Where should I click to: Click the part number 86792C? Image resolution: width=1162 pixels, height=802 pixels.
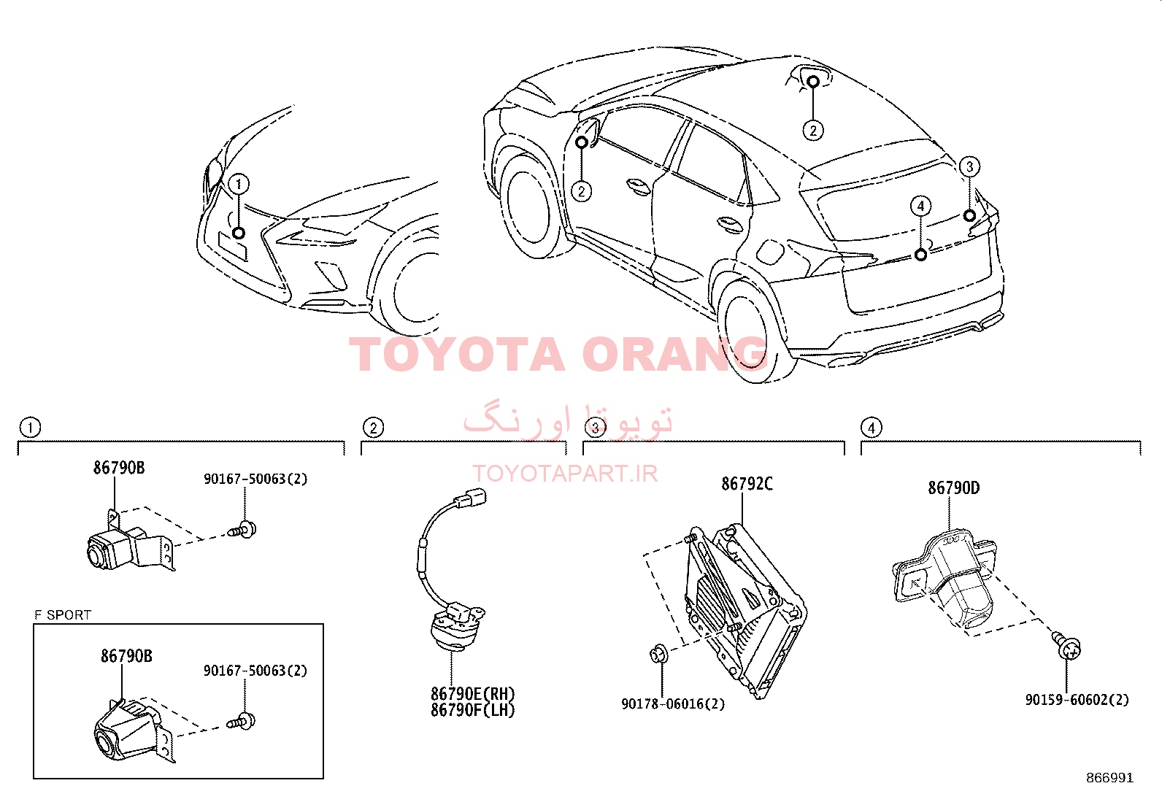click(x=747, y=484)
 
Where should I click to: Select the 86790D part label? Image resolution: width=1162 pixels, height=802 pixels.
click(x=953, y=488)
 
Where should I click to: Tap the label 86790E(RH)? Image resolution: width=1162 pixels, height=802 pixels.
click(x=472, y=693)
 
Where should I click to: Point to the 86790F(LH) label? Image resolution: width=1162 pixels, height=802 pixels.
click(x=472, y=709)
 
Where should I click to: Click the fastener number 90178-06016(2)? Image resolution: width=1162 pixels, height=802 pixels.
click(x=673, y=704)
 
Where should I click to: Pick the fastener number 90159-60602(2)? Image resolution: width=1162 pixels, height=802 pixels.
click(x=1077, y=700)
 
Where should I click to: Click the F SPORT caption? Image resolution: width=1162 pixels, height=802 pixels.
click(x=63, y=614)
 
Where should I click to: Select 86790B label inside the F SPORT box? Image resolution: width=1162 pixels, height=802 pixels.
click(x=126, y=656)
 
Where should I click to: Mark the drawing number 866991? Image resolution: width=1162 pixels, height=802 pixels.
click(x=1109, y=778)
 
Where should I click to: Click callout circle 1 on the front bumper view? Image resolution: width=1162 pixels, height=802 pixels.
click(x=239, y=184)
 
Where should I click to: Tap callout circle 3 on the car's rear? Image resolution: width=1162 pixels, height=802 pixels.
click(x=969, y=166)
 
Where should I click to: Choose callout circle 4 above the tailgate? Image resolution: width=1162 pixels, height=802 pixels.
click(x=921, y=206)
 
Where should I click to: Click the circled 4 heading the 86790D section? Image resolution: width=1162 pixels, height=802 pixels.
click(x=871, y=428)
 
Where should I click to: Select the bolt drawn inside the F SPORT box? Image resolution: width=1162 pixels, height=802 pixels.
click(x=241, y=721)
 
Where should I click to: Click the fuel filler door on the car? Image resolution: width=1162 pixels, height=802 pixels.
click(x=771, y=252)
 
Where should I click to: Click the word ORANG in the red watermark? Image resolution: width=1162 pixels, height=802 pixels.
click(x=674, y=355)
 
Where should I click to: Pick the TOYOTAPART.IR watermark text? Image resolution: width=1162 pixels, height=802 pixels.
click(x=565, y=474)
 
